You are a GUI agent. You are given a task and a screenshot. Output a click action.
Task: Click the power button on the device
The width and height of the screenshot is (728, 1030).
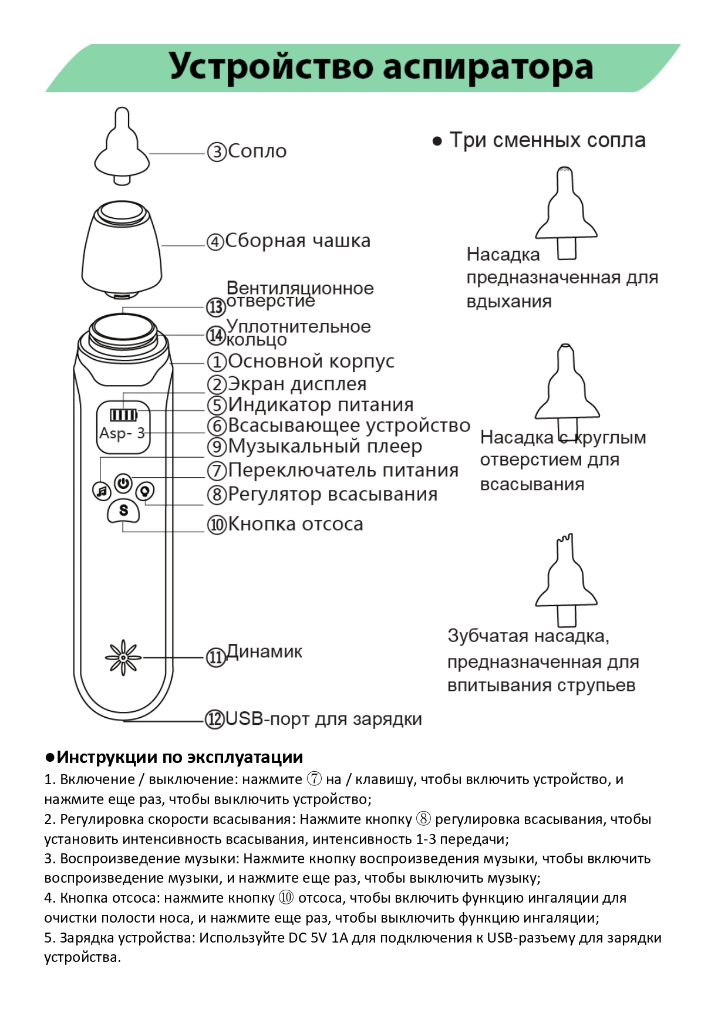click(x=123, y=483)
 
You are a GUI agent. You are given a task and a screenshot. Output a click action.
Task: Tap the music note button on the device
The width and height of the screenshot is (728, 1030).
click(x=102, y=491)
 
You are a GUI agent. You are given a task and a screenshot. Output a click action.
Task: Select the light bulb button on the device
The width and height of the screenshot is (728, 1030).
click(x=145, y=490)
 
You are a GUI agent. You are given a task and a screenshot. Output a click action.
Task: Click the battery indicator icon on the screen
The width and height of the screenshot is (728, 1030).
click(x=123, y=415)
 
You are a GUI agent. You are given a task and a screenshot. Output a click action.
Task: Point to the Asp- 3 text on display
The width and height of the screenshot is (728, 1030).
click(x=122, y=434)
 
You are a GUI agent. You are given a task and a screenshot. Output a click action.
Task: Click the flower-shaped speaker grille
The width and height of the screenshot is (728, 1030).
click(x=123, y=657)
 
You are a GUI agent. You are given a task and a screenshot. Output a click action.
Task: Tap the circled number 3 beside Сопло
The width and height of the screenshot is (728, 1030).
click(x=217, y=152)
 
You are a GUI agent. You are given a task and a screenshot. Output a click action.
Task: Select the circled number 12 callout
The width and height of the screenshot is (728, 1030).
click(x=214, y=719)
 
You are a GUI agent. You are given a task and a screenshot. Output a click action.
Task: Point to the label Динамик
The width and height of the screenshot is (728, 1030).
click(x=264, y=651)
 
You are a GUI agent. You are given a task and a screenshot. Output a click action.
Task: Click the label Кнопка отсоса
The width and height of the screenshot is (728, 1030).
click(x=295, y=524)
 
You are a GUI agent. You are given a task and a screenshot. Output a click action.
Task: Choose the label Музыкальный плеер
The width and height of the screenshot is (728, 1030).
click(x=325, y=447)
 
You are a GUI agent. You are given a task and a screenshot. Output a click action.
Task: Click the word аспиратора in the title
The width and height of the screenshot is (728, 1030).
click(x=488, y=67)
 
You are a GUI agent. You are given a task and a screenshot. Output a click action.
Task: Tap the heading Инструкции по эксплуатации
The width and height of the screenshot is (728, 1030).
click(x=180, y=757)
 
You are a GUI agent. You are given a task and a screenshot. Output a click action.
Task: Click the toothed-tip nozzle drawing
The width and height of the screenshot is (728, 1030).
click(x=566, y=581)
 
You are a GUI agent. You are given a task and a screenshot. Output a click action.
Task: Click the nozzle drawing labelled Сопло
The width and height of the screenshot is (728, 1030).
click(x=122, y=147)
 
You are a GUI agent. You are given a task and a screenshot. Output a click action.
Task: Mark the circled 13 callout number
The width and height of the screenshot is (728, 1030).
click(x=216, y=306)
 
